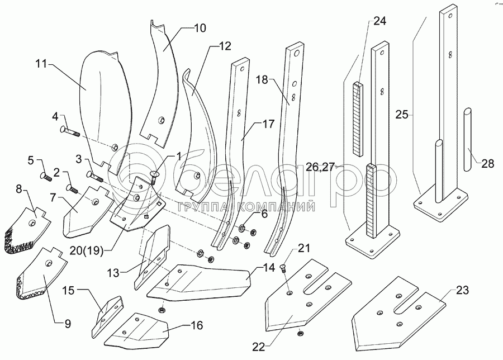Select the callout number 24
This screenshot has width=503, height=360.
tap(379, 21)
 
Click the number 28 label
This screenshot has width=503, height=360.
tap(488, 163)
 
